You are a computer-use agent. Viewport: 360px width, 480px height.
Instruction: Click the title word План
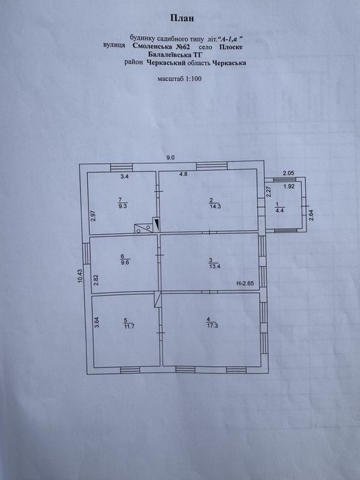pos(182,19)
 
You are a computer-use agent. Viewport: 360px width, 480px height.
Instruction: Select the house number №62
pos(182,47)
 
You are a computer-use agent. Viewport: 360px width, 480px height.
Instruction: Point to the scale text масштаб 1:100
pos(180,79)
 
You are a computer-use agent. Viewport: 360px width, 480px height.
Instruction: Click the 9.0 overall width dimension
pos(170,158)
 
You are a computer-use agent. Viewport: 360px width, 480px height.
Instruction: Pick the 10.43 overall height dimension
pos(80,276)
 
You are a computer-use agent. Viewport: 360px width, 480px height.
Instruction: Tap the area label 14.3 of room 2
pos(215,206)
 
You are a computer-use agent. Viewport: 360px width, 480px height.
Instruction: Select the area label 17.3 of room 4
pos(213,326)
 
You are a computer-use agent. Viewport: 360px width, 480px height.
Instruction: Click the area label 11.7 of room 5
pos(129,326)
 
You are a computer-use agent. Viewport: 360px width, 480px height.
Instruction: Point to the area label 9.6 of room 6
pos(125,263)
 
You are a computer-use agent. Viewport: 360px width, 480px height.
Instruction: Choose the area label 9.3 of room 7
pos(123,206)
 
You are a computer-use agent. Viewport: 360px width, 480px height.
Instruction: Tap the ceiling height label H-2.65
pos(245,283)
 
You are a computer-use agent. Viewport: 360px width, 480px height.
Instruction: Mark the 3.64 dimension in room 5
pos(97,322)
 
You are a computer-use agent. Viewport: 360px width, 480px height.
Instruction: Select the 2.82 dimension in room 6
pos(96,280)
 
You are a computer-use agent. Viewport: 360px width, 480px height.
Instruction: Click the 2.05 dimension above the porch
pos(289,173)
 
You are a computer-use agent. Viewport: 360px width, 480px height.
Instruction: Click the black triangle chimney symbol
pos(157,224)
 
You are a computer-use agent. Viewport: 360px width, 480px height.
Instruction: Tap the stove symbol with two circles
pos(143,228)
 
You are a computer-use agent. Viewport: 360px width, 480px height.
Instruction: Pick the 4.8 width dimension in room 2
pos(183,174)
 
